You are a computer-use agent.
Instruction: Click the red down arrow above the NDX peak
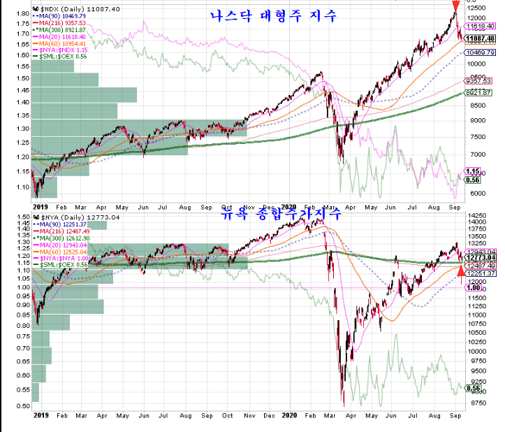point(455,7)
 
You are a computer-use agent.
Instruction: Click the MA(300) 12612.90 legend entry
point(63,238)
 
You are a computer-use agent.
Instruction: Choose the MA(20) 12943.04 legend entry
point(63,245)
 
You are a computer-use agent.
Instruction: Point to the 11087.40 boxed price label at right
point(481,38)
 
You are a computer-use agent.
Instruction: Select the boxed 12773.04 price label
point(481,259)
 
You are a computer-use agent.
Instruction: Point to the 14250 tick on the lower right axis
point(478,217)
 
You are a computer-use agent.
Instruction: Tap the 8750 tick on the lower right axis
point(476,403)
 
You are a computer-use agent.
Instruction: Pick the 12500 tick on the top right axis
point(478,6)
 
